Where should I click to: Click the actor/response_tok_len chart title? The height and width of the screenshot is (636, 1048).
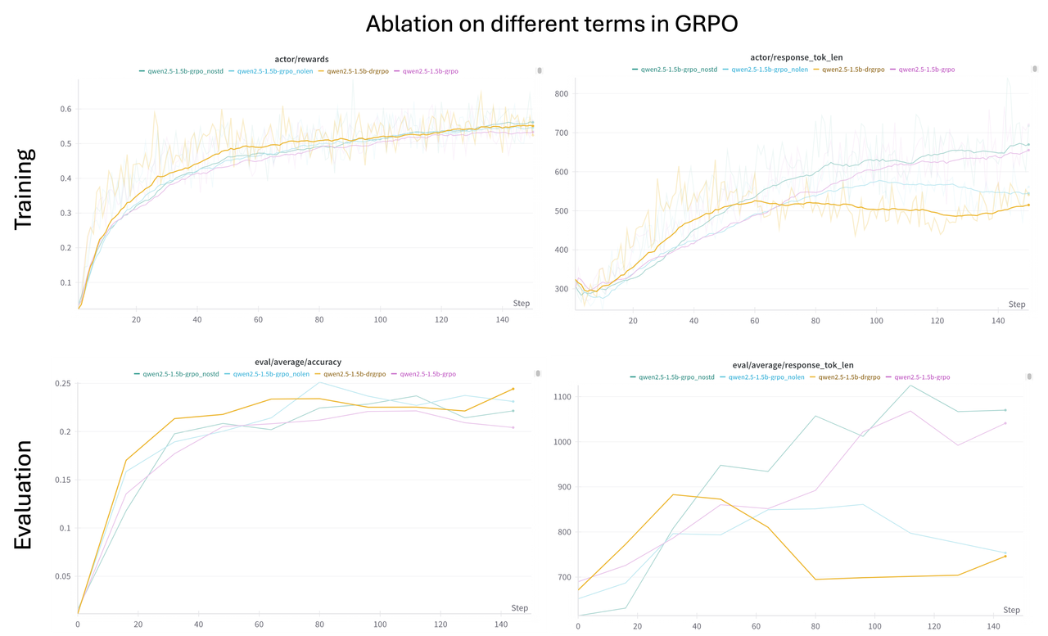(x=795, y=57)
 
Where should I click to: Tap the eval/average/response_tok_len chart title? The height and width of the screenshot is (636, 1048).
(x=791, y=364)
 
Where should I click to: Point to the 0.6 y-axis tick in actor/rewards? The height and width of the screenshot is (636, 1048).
(x=65, y=109)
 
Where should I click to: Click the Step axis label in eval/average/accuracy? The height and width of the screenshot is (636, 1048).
(x=519, y=608)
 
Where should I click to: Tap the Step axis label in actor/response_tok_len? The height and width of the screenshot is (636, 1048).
(x=1016, y=304)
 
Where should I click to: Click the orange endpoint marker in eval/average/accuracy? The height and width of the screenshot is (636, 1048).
(x=513, y=389)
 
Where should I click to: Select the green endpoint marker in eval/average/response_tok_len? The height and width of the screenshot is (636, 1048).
(x=1005, y=410)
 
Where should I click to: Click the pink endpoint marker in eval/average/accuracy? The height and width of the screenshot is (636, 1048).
(x=513, y=427)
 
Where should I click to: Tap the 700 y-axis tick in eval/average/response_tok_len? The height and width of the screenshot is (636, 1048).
(x=562, y=577)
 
